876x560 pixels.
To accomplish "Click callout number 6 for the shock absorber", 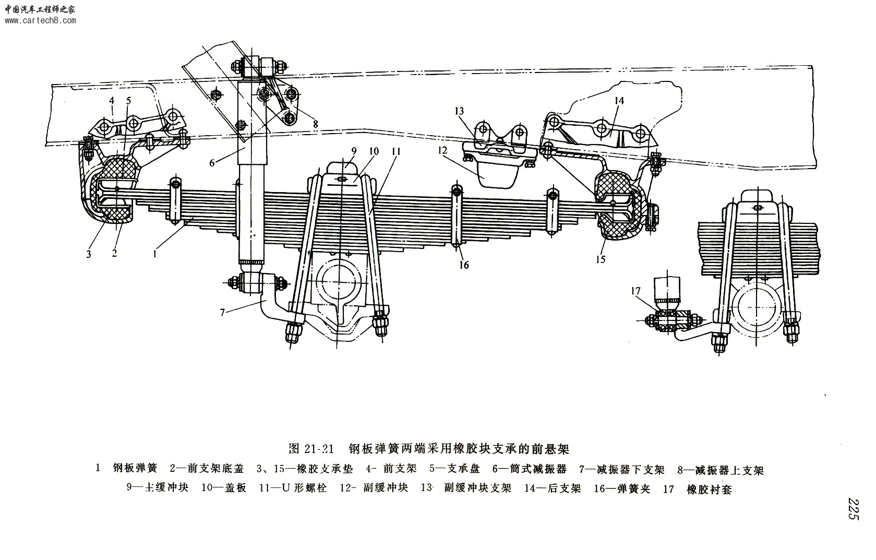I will [x=212, y=163].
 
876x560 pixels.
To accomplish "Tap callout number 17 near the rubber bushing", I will [x=635, y=291].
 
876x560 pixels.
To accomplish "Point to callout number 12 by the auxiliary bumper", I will [x=443, y=150].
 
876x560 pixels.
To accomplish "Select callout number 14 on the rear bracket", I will [x=619, y=101].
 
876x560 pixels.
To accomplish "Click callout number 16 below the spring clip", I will [x=464, y=265].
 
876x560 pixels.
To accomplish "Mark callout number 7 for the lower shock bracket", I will [x=222, y=312].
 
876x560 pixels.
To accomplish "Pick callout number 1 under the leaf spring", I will [x=154, y=254].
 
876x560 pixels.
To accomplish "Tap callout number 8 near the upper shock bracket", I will [x=315, y=124].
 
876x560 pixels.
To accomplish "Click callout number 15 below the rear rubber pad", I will [x=601, y=259].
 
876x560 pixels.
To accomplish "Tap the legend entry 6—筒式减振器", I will [x=536, y=469].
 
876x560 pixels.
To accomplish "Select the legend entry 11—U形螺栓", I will [x=293, y=489].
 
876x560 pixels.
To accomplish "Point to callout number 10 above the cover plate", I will [x=374, y=151].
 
